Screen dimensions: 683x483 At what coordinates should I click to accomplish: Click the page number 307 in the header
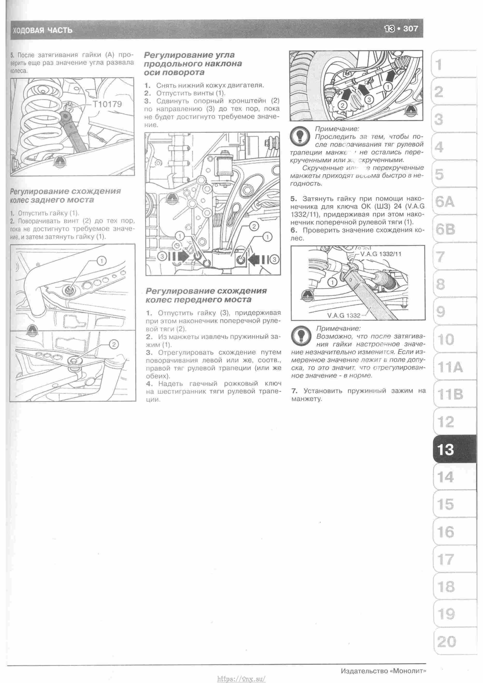click(x=411, y=29)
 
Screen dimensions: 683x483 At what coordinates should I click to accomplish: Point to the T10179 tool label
click(x=107, y=104)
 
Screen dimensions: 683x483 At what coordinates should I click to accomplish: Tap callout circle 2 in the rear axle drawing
click(x=114, y=345)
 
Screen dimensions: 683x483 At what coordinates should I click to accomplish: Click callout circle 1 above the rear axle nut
click(x=101, y=261)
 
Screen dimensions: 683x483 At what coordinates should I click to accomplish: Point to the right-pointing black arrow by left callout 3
click(x=180, y=256)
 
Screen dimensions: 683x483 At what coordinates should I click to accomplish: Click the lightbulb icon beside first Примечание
click(x=299, y=137)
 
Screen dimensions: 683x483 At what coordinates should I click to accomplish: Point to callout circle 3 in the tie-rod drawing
click(x=369, y=99)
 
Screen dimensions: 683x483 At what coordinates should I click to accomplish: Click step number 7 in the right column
click(x=293, y=391)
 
